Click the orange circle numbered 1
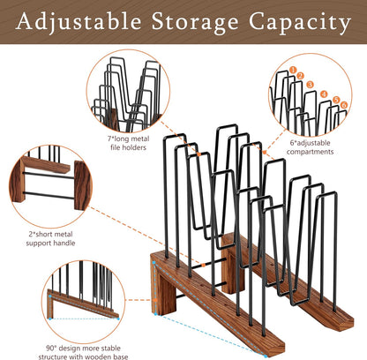point(293,70)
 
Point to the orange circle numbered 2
point(300,76)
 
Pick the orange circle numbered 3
point(310,85)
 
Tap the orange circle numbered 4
point(324,94)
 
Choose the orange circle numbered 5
point(337,100)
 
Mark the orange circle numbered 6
point(344,105)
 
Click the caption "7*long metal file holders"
point(128,143)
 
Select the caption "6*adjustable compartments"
point(310,147)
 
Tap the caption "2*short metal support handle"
point(50,238)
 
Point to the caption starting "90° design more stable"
point(83,352)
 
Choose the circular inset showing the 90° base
point(84,302)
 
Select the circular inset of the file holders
point(128,91)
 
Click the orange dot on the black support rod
point(203,265)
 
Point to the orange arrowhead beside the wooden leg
point(155,300)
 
